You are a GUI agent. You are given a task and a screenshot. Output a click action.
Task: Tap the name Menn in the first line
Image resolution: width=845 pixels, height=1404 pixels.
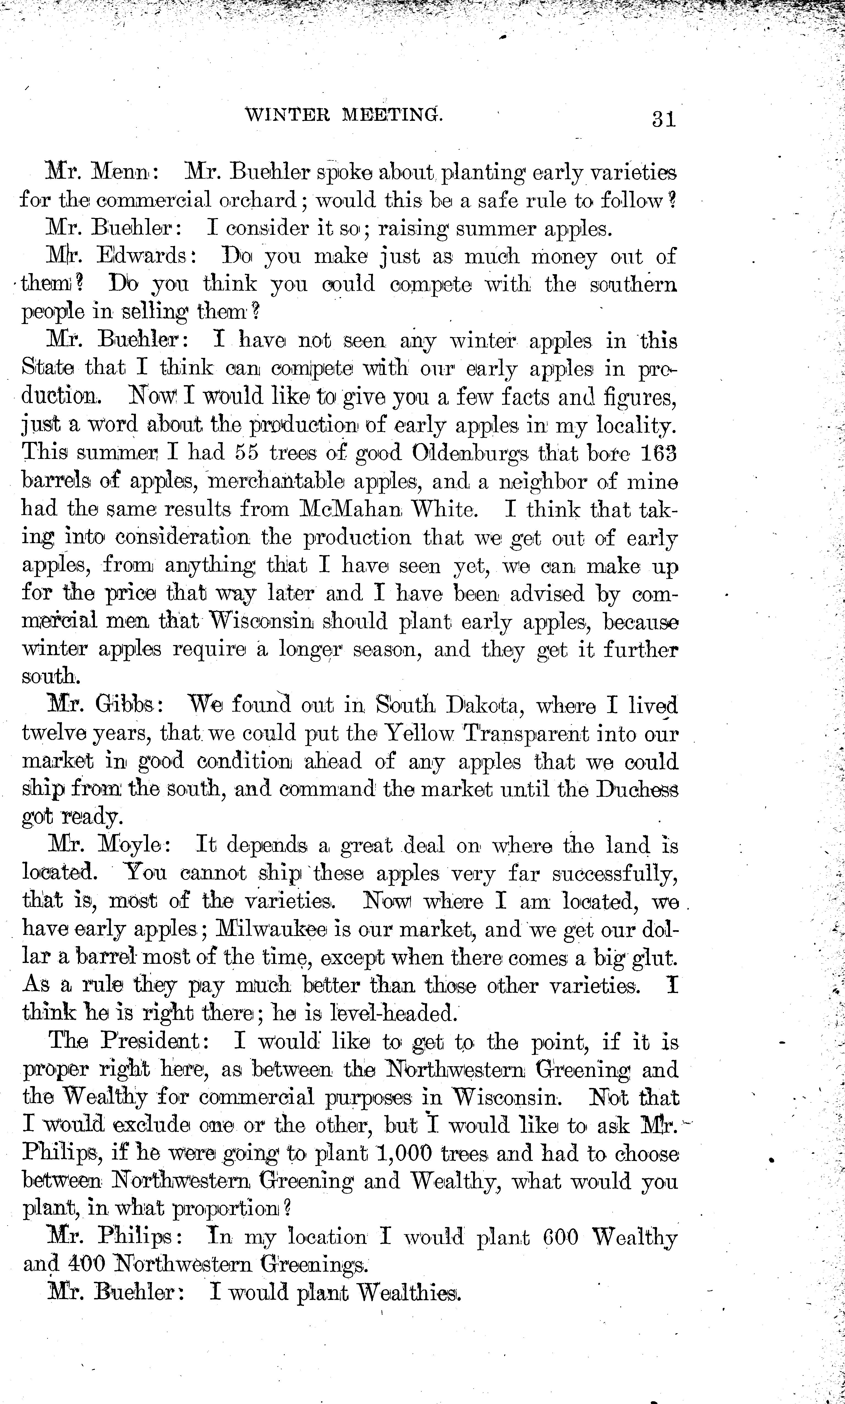[120, 172]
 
